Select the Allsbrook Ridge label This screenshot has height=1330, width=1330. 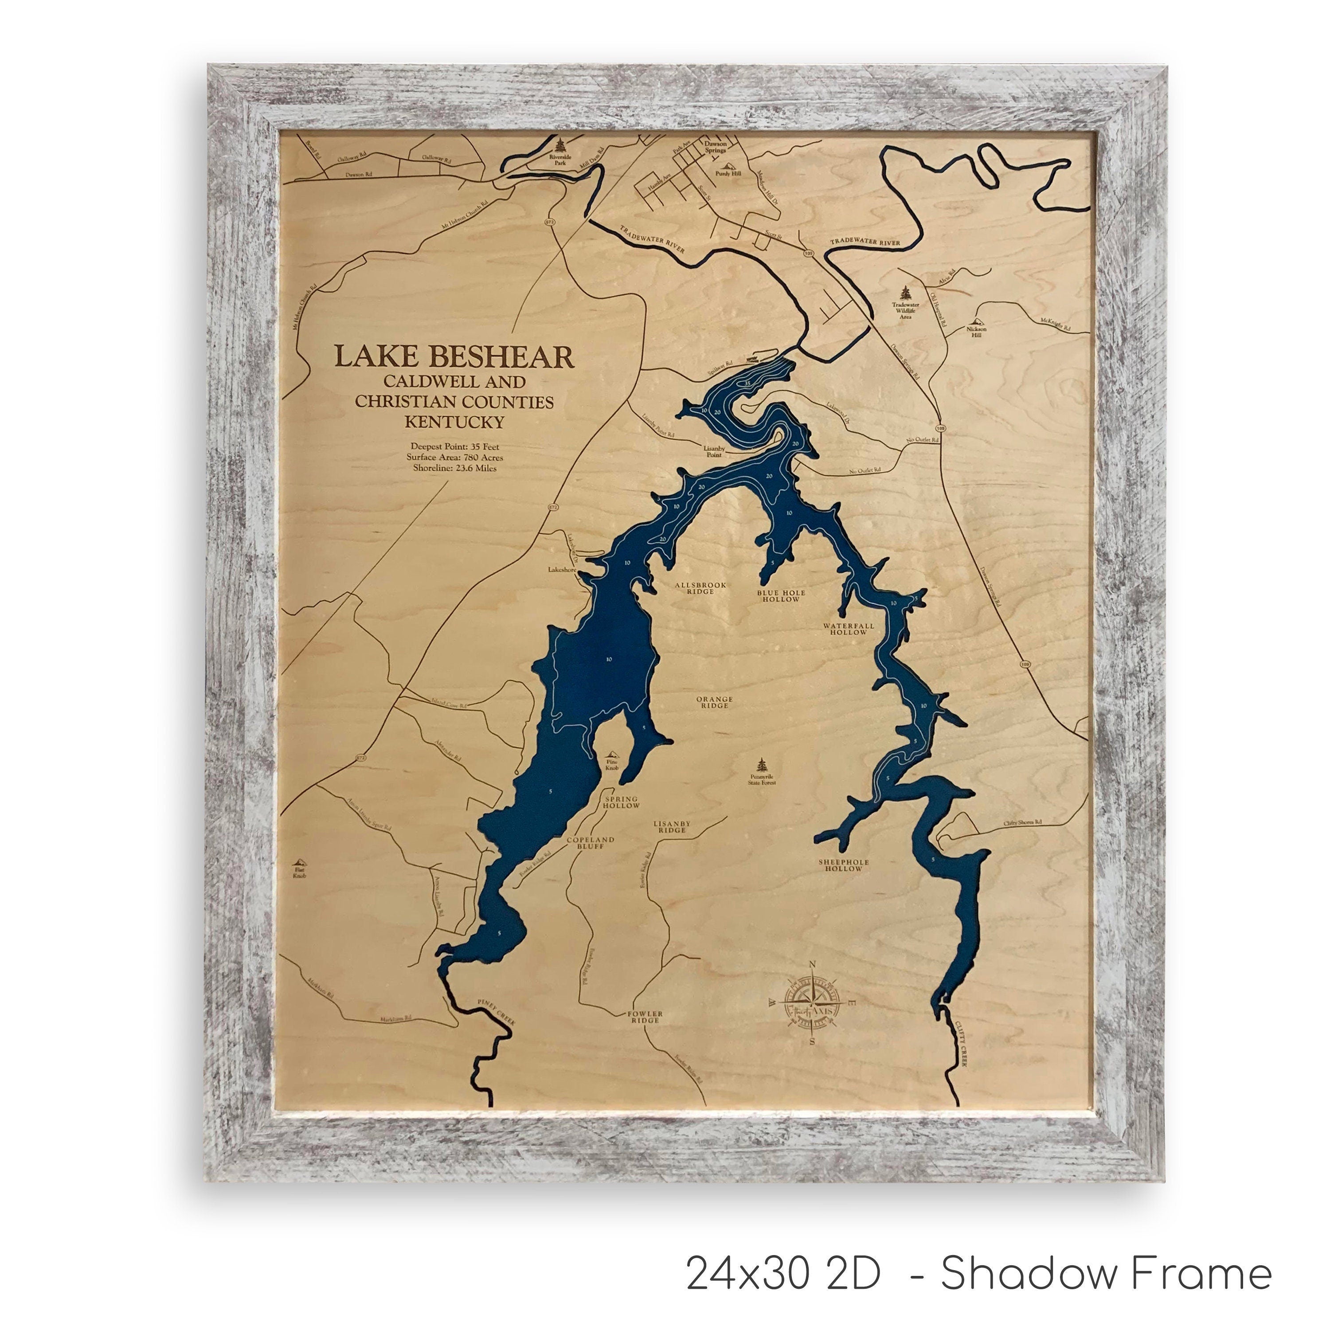click(x=700, y=588)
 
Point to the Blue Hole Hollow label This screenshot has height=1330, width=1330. click(x=781, y=595)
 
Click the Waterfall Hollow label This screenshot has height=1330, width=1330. click(x=848, y=629)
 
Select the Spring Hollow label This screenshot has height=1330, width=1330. click(x=621, y=802)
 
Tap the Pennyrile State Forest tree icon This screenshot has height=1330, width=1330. click(x=761, y=766)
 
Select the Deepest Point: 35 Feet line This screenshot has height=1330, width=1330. click(x=454, y=446)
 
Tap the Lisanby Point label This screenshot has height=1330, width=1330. click(x=713, y=450)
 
